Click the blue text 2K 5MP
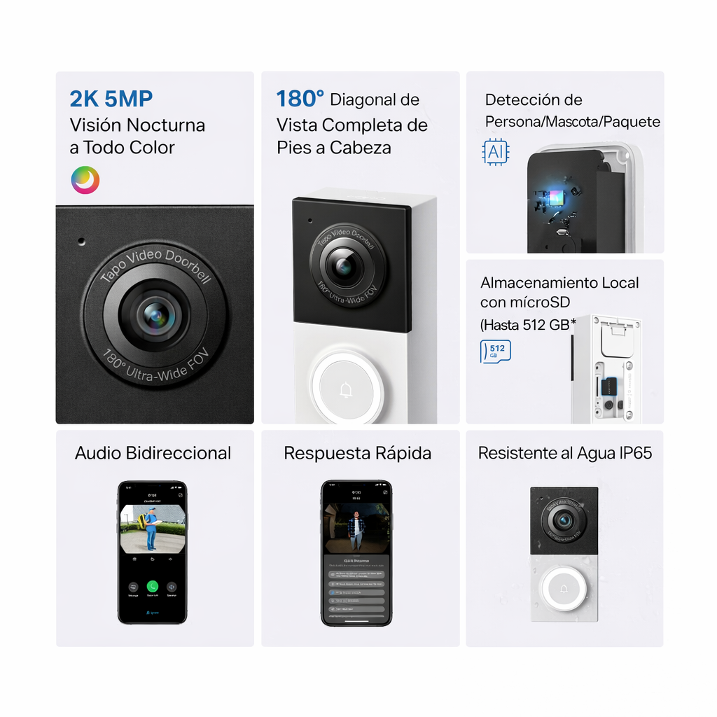tap(111, 99)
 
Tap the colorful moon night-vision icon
tap(85, 180)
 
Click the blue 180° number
tap(300, 99)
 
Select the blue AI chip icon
tap(496, 151)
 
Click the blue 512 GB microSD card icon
tap(496, 351)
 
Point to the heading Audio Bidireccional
tap(153, 453)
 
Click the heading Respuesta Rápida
tap(357, 453)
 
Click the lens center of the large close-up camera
tap(155, 316)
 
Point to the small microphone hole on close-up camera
tap(81, 242)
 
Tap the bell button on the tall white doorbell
tap(346, 389)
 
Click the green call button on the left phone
tap(152, 587)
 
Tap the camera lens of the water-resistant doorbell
tap(564, 521)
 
